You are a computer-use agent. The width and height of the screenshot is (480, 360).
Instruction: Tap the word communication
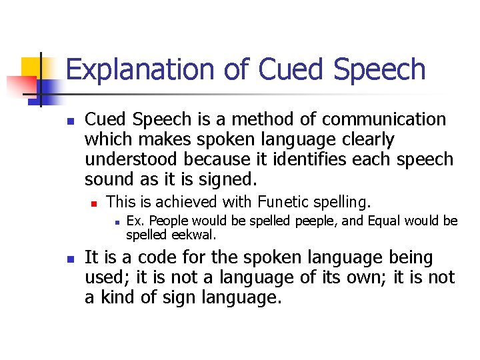(384, 119)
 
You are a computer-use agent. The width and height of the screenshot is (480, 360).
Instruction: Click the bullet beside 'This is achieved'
(94, 201)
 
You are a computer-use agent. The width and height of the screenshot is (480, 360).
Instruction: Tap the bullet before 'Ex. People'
(115, 221)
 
